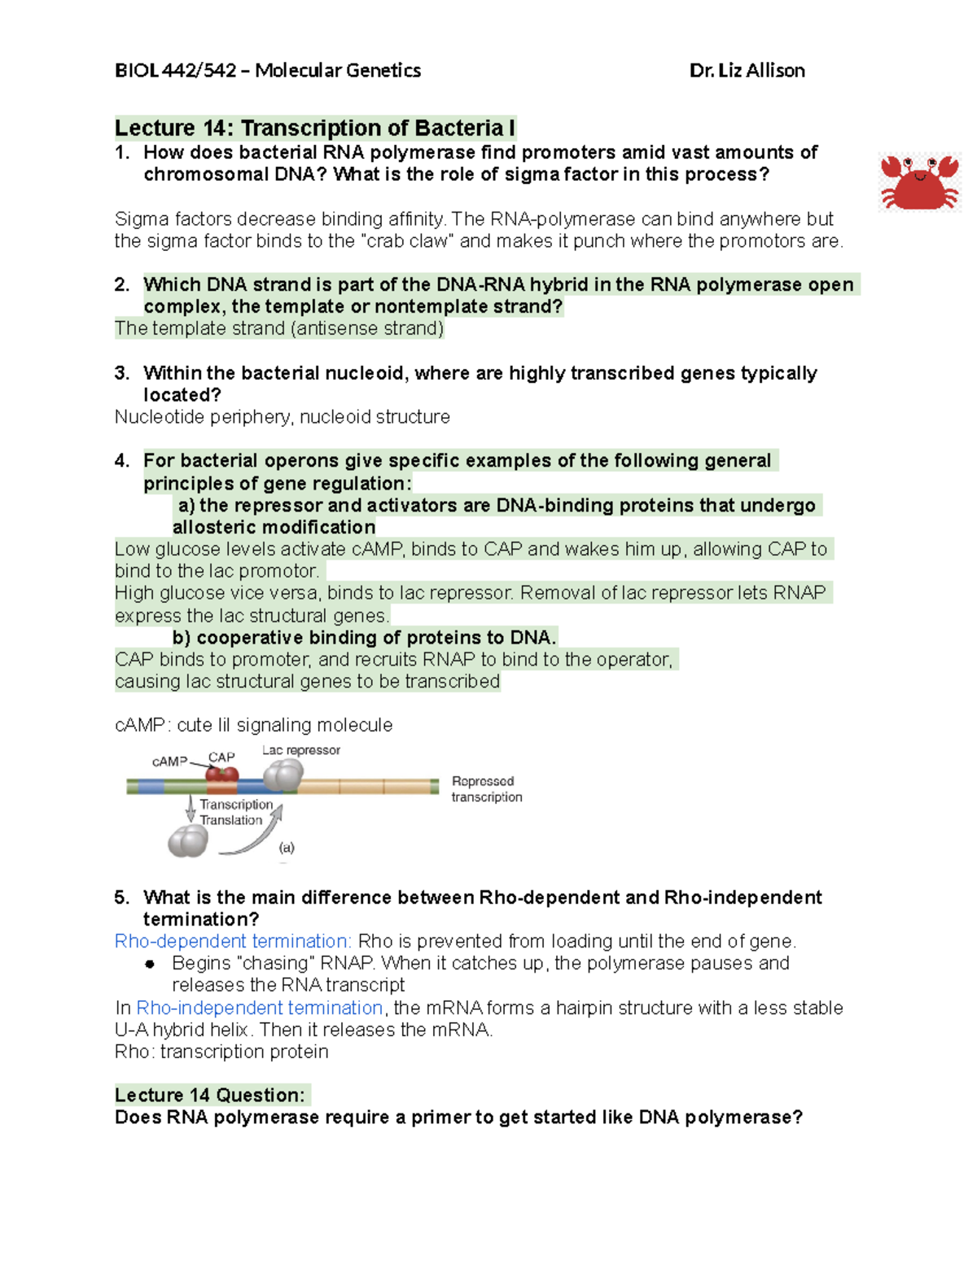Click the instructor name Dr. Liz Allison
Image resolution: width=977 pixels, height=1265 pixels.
pyautogui.click(x=747, y=71)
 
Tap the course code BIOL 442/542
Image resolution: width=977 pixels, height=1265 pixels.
pyautogui.click(x=175, y=71)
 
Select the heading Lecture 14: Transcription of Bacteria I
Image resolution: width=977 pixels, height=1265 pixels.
pyautogui.click(x=314, y=128)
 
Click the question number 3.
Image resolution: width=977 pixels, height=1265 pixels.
pyautogui.click(x=121, y=373)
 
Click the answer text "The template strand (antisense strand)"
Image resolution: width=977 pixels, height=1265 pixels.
pyautogui.click(x=279, y=328)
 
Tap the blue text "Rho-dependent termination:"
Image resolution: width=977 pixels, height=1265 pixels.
pyautogui.click(x=233, y=942)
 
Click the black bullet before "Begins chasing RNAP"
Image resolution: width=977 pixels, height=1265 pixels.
pyautogui.click(x=150, y=964)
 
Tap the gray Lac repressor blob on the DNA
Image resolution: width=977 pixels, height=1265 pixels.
pyautogui.click(x=283, y=775)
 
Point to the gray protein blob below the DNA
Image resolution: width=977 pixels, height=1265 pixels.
pyautogui.click(x=188, y=841)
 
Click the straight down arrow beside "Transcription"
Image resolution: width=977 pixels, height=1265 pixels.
pyautogui.click(x=191, y=809)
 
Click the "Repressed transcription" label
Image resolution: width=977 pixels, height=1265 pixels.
pyautogui.click(x=486, y=788)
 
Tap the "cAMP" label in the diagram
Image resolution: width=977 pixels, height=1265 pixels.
pyautogui.click(x=169, y=762)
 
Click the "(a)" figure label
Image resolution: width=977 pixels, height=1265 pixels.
pyautogui.click(x=287, y=847)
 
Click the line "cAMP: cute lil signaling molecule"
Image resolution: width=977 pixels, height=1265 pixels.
pyautogui.click(x=253, y=725)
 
